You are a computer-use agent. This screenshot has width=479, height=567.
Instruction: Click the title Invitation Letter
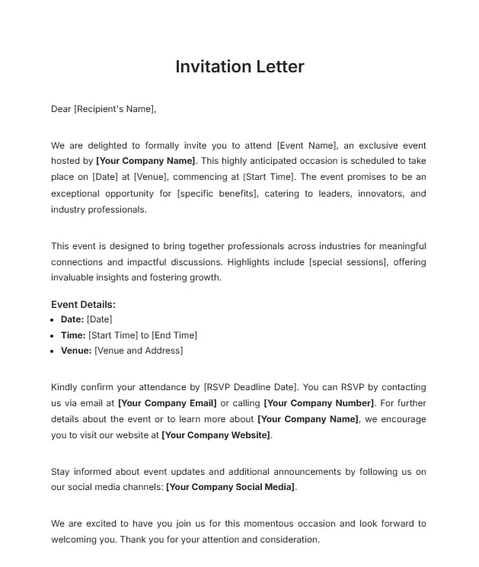(239, 66)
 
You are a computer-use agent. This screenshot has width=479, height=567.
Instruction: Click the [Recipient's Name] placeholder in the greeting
(114, 109)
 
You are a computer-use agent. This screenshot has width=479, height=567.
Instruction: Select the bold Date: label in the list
(72, 319)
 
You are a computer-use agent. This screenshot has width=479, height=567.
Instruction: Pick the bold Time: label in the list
(73, 335)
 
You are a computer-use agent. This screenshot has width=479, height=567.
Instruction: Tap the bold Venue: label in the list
(76, 351)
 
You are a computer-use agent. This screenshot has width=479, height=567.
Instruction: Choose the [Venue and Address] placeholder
(139, 351)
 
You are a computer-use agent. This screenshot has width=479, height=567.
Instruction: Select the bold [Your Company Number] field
(319, 403)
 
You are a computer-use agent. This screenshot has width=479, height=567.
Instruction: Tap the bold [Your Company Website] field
(216, 435)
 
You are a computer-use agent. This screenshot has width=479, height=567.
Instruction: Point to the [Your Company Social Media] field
(231, 487)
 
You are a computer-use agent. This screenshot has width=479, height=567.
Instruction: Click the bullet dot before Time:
(53, 335)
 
